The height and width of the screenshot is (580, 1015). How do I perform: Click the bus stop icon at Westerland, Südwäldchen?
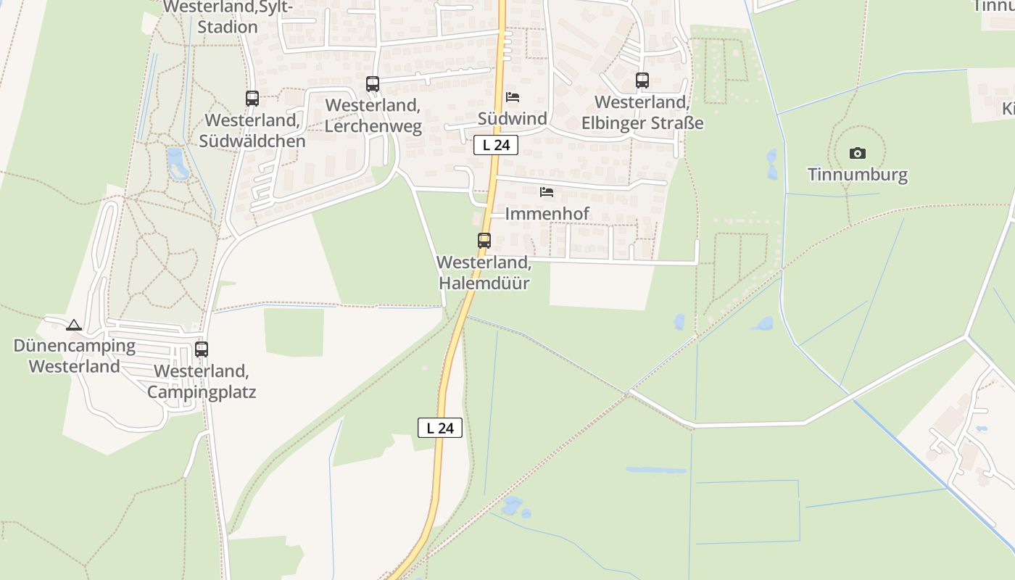(252, 99)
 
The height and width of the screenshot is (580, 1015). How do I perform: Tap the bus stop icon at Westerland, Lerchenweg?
(373, 84)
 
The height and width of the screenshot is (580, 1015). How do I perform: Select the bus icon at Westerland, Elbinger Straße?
(642, 80)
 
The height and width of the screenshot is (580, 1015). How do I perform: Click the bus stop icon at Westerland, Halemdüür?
(484, 241)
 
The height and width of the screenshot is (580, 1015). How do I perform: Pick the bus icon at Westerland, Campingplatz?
(202, 349)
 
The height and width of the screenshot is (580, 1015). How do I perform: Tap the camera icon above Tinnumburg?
(858, 153)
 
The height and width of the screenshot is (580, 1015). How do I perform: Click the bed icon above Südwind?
(513, 97)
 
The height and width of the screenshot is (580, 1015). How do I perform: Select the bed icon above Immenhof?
(547, 192)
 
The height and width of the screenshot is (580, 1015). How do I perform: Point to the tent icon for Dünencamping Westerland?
(73, 325)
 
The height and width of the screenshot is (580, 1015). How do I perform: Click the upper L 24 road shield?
(496, 145)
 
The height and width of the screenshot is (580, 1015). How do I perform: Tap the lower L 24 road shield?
(440, 428)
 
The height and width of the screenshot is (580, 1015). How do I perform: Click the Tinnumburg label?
(858, 175)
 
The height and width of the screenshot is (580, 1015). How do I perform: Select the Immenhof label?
(547, 214)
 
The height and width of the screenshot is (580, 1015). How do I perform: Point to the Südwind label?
(513, 118)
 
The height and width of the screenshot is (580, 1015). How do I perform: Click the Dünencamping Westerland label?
(75, 356)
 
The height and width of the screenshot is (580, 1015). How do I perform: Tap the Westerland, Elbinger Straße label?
(642, 112)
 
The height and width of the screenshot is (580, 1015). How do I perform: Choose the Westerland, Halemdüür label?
(484, 273)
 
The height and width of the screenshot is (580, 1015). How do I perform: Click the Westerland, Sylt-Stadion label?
(228, 17)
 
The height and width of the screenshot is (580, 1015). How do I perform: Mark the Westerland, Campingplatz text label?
(202, 381)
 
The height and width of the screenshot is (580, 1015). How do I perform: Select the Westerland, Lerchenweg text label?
(373, 116)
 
